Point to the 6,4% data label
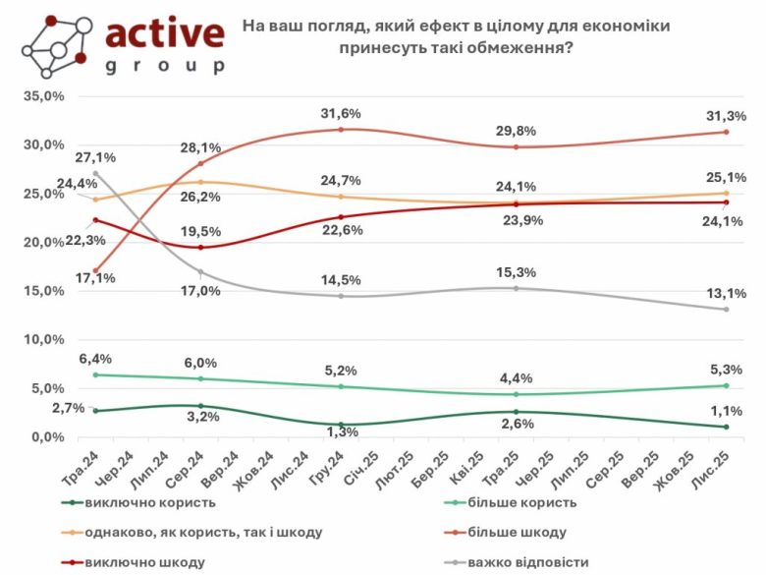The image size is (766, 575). pyautogui.click(x=94, y=359)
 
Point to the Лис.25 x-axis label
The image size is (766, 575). pyautogui.click(x=715, y=463)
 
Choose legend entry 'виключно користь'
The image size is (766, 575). pyautogui.click(x=143, y=502)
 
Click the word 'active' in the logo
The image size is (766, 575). pyautogui.click(x=164, y=33)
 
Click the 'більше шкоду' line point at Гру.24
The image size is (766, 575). pyautogui.click(x=341, y=130)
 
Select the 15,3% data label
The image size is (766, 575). pyautogui.click(x=517, y=271)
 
